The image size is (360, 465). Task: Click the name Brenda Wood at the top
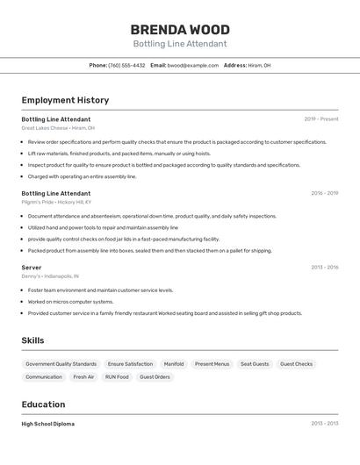[x=179, y=29]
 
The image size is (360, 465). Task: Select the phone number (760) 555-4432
[x=126, y=65]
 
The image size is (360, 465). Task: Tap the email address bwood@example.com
[x=193, y=65]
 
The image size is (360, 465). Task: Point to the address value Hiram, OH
[x=260, y=65]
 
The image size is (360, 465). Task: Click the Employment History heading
[x=65, y=100]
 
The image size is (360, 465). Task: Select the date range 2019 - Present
[x=321, y=118]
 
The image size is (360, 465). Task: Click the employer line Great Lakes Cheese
[x=58, y=127]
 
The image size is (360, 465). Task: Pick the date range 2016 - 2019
[x=324, y=193]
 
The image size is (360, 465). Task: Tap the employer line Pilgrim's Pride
[x=56, y=202]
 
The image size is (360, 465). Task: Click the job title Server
[x=32, y=268]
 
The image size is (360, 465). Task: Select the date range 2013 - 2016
[x=324, y=267]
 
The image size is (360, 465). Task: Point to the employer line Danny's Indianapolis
[x=50, y=275]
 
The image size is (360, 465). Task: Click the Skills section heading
[x=32, y=340]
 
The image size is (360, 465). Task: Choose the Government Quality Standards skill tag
[x=61, y=364]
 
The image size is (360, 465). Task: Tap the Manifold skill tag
[x=174, y=364]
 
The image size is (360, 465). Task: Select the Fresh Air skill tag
[x=83, y=377]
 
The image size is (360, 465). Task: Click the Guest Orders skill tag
[x=155, y=377]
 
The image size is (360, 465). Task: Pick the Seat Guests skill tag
[x=255, y=364]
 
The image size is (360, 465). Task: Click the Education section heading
[x=43, y=404]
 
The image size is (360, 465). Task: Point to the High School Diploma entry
[x=48, y=424]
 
